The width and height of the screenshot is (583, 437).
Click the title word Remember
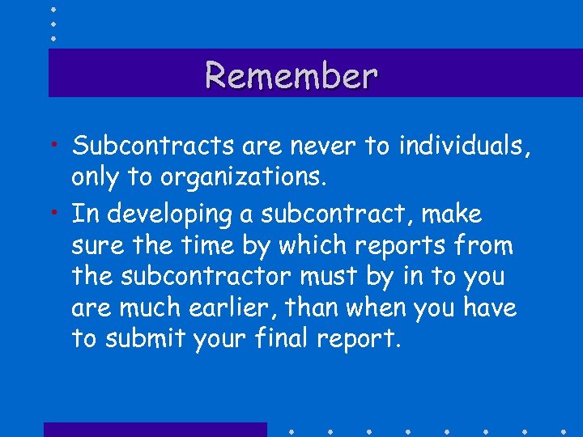[291, 75]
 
